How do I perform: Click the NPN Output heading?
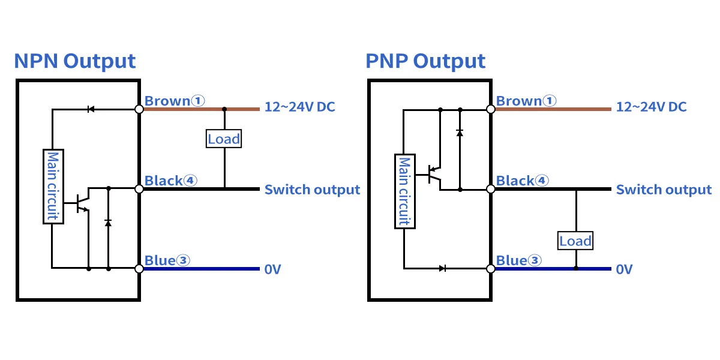coord(74,61)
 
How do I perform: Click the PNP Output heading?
coord(425,61)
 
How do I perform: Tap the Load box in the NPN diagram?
coord(224,139)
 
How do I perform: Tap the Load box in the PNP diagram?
coord(575,241)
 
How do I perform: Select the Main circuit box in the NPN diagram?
coord(53,186)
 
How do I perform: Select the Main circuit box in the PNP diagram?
coord(404,191)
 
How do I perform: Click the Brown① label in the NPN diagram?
coord(175,101)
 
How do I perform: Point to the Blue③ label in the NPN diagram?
coord(167,260)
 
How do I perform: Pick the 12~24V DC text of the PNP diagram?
coord(651,107)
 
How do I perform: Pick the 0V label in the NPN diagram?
coord(272,269)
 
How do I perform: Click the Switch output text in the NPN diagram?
coord(312,190)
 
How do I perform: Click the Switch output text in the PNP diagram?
coord(664,190)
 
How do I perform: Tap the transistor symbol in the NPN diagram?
coord(83,202)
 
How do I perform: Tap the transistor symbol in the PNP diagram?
coord(434,175)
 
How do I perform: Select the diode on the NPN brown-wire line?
coord(91,109)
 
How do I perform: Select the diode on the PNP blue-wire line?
coord(442,268)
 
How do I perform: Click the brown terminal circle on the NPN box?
coord(139,109)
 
